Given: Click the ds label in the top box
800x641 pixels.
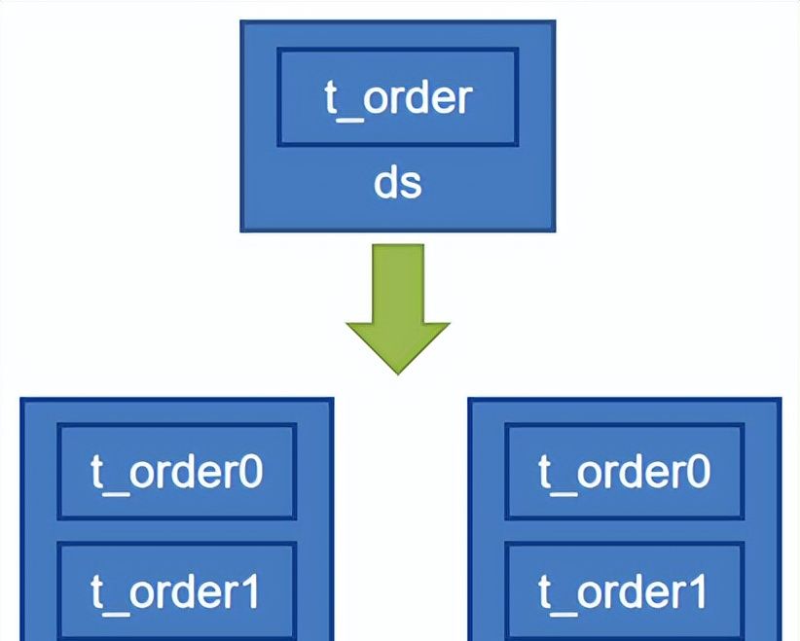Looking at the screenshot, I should pyautogui.click(x=398, y=183).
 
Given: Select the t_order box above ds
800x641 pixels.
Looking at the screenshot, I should pyautogui.click(x=398, y=97).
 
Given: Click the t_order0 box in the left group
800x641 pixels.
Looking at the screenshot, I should pyautogui.click(x=176, y=472).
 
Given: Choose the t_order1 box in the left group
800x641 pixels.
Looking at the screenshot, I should pyautogui.click(x=176, y=591).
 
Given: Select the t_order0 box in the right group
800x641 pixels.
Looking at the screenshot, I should pyautogui.click(x=624, y=472).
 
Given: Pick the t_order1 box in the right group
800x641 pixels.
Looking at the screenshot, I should pyautogui.click(x=624, y=591).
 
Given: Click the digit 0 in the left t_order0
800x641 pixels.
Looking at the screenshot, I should pyautogui.click(x=249, y=472).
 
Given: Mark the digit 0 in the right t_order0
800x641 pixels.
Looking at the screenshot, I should pyautogui.click(x=697, y=472).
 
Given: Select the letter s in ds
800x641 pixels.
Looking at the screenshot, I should pyautogui.click(x=411, y=185).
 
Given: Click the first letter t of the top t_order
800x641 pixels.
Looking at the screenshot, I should pyautogui.click(x=332, y=98).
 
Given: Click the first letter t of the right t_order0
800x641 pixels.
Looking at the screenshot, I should pyautogui.click(x=546, y=473).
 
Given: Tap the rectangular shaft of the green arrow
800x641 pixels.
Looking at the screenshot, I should pyautogui.click(x=398, y=282).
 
